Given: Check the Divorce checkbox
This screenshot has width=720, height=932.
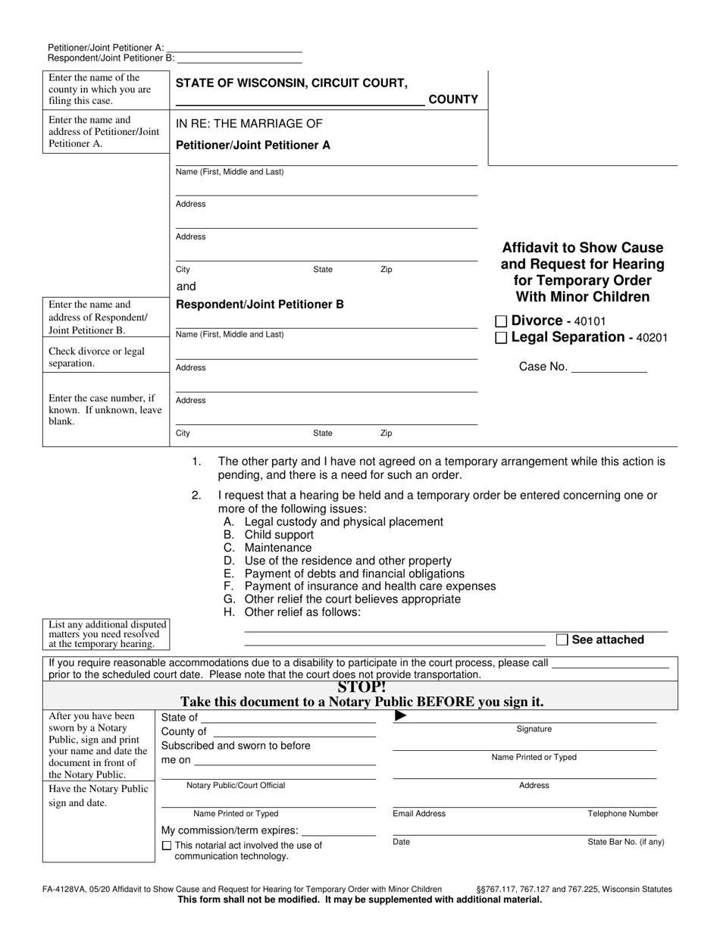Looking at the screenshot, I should pyautogui.click(x=500, y=321).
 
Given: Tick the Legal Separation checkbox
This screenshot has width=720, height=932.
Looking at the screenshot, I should pyautogui.click(x=500, y=338).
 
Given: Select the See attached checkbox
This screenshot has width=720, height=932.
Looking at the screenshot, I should pyautogui.click(x=562, y=640).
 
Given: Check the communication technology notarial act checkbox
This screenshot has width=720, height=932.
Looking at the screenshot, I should pyautogui.click(x=167, y=846).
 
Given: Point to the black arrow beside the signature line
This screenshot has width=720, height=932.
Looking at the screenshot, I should pyautogui.click(x=401, y=716).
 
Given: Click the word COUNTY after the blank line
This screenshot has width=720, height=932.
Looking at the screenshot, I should pyautogui.click(x=453, y=99).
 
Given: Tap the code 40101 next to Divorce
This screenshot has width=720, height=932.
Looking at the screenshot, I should pyautogui.click(x=590, y=322).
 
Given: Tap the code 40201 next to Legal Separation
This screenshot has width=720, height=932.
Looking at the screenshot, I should pyautogui.click(x=653, y=339).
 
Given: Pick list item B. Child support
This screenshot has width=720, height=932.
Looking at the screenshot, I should pyautogui.click(x=268, y=535).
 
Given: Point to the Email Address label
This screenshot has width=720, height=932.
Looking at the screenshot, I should pyautogui.click(x=419, y=814).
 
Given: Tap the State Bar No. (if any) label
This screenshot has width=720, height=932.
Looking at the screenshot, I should pyautogui.click(x=626, y=842).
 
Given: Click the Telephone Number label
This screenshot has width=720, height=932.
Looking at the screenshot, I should pyautogui.click(x=623, y=814).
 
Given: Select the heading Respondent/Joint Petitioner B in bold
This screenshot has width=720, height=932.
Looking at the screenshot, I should pyautogui.click(x=260, y=305).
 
